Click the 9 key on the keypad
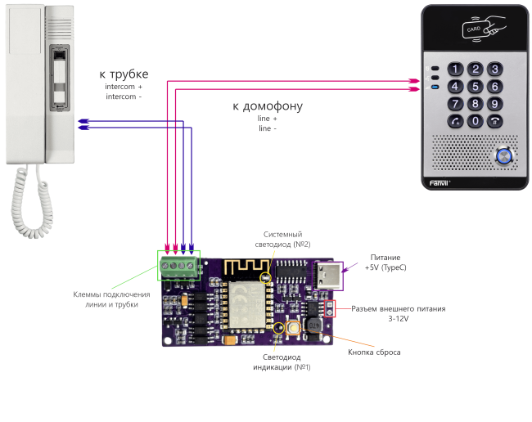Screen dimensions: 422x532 [x=494, y=104]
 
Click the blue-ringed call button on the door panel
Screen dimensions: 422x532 [x=498, y=154]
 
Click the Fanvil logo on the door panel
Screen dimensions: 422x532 [x=442, y=183]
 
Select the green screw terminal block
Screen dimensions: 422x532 [x=179, y=267]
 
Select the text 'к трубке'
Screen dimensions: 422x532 [x=124, y=74]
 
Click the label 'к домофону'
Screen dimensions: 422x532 [x=268, y=107]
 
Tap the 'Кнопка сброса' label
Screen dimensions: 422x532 [x=374, y=351]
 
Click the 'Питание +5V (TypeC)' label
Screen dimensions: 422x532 [x=385, y=263]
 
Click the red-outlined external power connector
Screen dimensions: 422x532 [x=330, y=308]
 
